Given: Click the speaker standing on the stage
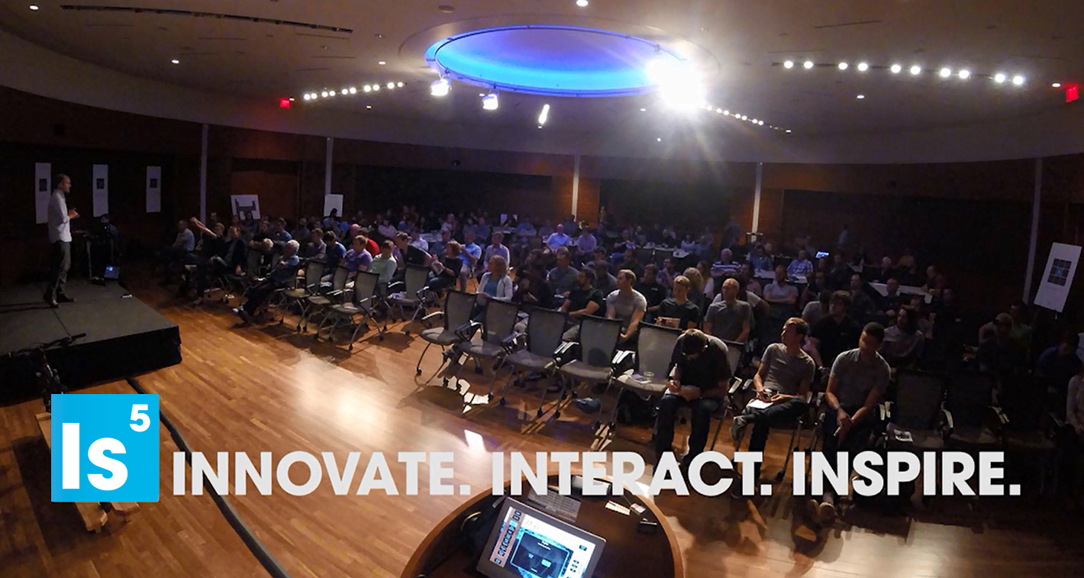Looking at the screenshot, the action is (60, 240).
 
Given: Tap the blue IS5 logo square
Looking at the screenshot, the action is (105, 447).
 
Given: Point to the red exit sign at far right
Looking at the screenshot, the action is (1072, 92).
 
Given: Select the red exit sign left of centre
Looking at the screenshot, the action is (286, 102).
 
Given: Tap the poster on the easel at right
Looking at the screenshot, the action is (1057, 276).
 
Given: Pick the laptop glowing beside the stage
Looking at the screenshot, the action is (112, 272).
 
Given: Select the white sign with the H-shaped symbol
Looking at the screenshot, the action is (245, 207).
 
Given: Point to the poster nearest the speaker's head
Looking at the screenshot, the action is (43, 192).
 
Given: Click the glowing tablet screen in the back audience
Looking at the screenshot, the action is (822, 253).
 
